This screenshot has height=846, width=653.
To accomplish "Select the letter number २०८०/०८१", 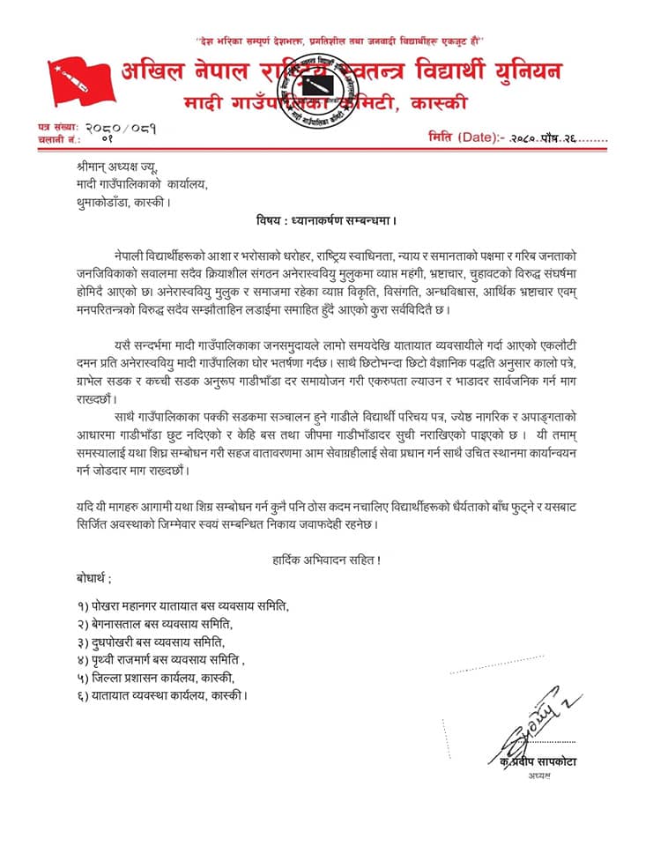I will (122, 128).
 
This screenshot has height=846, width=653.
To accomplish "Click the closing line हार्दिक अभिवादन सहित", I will (323, 560).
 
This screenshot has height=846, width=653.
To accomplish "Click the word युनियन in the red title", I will (527, 72).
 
